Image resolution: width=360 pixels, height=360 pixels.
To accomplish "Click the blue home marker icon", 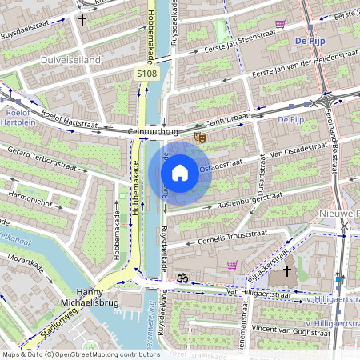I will click(x=180, y=173).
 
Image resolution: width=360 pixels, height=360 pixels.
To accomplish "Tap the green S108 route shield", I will click(x=146, y=72).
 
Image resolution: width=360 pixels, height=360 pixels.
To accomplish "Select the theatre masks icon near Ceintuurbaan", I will click(x=200, y=138).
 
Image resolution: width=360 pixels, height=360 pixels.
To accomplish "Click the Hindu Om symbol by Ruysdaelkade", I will click(x=181, y=278).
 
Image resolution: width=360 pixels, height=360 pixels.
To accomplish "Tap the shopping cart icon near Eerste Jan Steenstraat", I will click(x=279, y=24).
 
